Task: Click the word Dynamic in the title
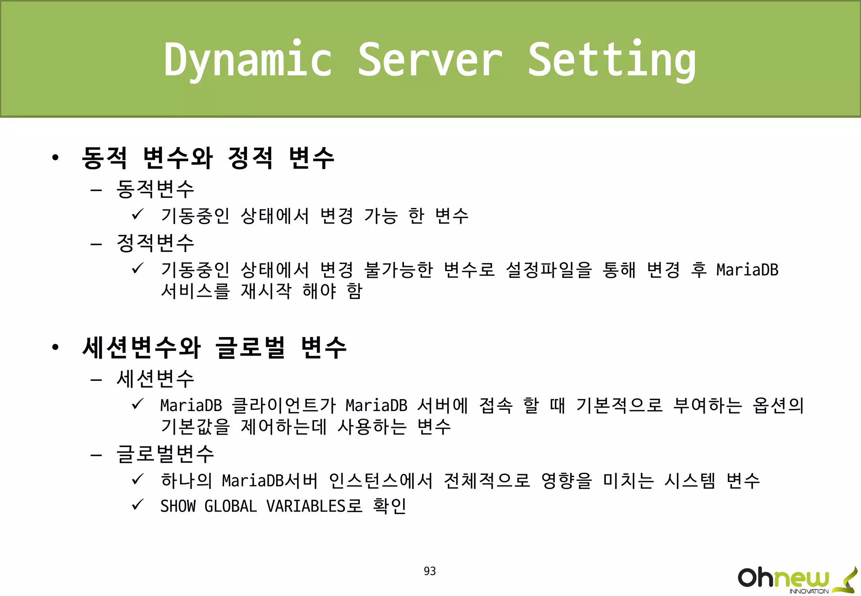(x=248, y=60)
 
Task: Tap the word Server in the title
(x=430, y=60)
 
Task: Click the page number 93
(x=430, y=571)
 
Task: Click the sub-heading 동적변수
(x=155, y=189)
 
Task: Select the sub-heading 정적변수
(x=155, y=243)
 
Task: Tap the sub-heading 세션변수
(x=155, y=379)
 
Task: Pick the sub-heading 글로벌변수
(x=165, y=454)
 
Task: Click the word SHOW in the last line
(x=178, y=506)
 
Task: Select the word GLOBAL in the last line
(x=230, y=506)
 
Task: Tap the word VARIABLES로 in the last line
(x=314, y=506)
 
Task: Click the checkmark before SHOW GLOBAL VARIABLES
(x=137, y=504)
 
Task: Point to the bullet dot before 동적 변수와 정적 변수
(x=55, y=158)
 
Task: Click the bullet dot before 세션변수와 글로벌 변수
(x=55, y=348)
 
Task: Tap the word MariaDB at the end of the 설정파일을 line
(x=747, y=270)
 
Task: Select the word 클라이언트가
(x=284, y=406)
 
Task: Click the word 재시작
(x=266, y=291)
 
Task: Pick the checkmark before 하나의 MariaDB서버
(x=137, y=479)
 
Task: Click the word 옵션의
(x=778, y=406)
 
